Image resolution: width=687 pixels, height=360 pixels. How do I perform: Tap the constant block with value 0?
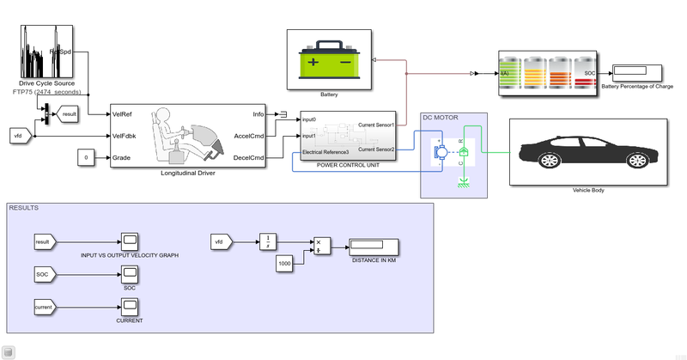(86, 157)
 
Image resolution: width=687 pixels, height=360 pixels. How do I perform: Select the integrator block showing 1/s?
(268, 242)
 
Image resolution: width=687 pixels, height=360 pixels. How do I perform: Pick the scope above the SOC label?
(130, 274)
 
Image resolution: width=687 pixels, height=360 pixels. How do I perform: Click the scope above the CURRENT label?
(130, 305)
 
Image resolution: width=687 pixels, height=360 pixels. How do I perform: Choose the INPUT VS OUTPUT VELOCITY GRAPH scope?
(130, 242)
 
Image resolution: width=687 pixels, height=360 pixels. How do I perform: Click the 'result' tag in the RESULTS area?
(46, 242)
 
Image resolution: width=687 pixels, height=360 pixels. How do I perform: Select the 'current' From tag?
(46, 305)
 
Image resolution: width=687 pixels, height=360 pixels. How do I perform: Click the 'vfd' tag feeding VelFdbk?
(21, 136)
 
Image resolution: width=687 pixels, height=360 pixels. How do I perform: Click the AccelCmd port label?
(250, 135)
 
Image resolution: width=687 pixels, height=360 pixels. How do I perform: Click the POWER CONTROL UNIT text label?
(347, 164)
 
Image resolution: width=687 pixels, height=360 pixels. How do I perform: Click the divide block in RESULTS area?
(321, 246)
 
